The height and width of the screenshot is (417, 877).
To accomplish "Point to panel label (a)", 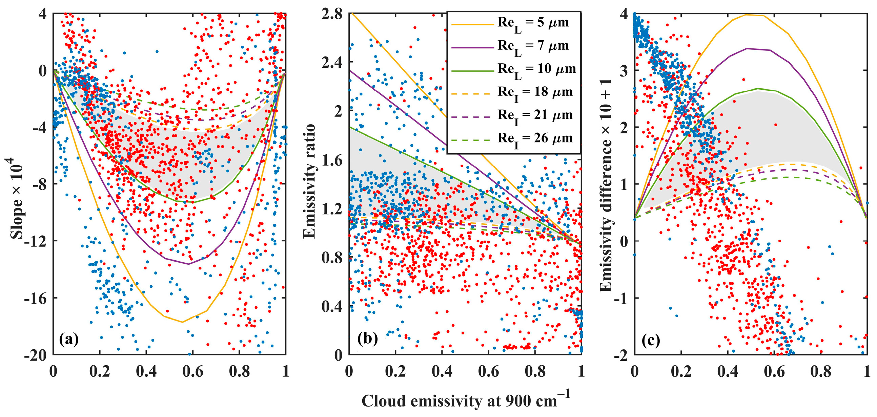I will point(69,339).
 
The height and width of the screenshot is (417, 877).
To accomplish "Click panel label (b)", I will point(368,339).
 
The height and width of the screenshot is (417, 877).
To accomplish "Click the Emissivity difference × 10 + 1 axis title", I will point(606,185).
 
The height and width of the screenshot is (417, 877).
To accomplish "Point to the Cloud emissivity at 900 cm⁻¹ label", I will point(465,400).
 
